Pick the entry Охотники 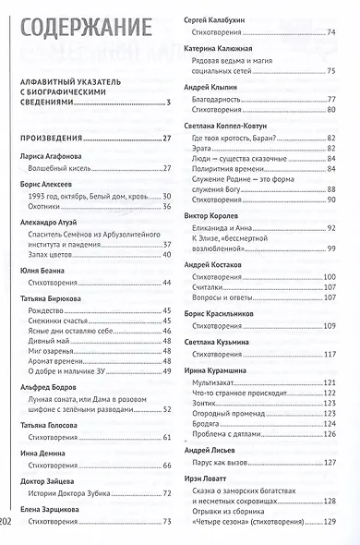[47, 206]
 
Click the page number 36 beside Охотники [168, 206]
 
